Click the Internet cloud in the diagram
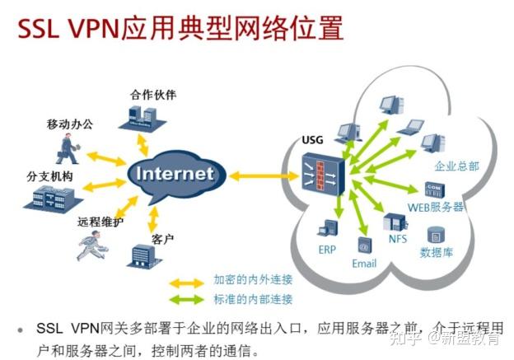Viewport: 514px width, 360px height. pos(174,174)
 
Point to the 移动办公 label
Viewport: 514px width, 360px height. pos(70,124)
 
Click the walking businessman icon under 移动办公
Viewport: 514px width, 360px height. pos(68,149)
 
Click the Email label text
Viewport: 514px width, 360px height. pos(364,263)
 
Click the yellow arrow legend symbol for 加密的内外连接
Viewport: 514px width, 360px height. pos(187,281)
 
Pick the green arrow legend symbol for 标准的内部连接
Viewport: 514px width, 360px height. pos(187,299)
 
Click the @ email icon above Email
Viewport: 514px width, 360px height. pos(363,245)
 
